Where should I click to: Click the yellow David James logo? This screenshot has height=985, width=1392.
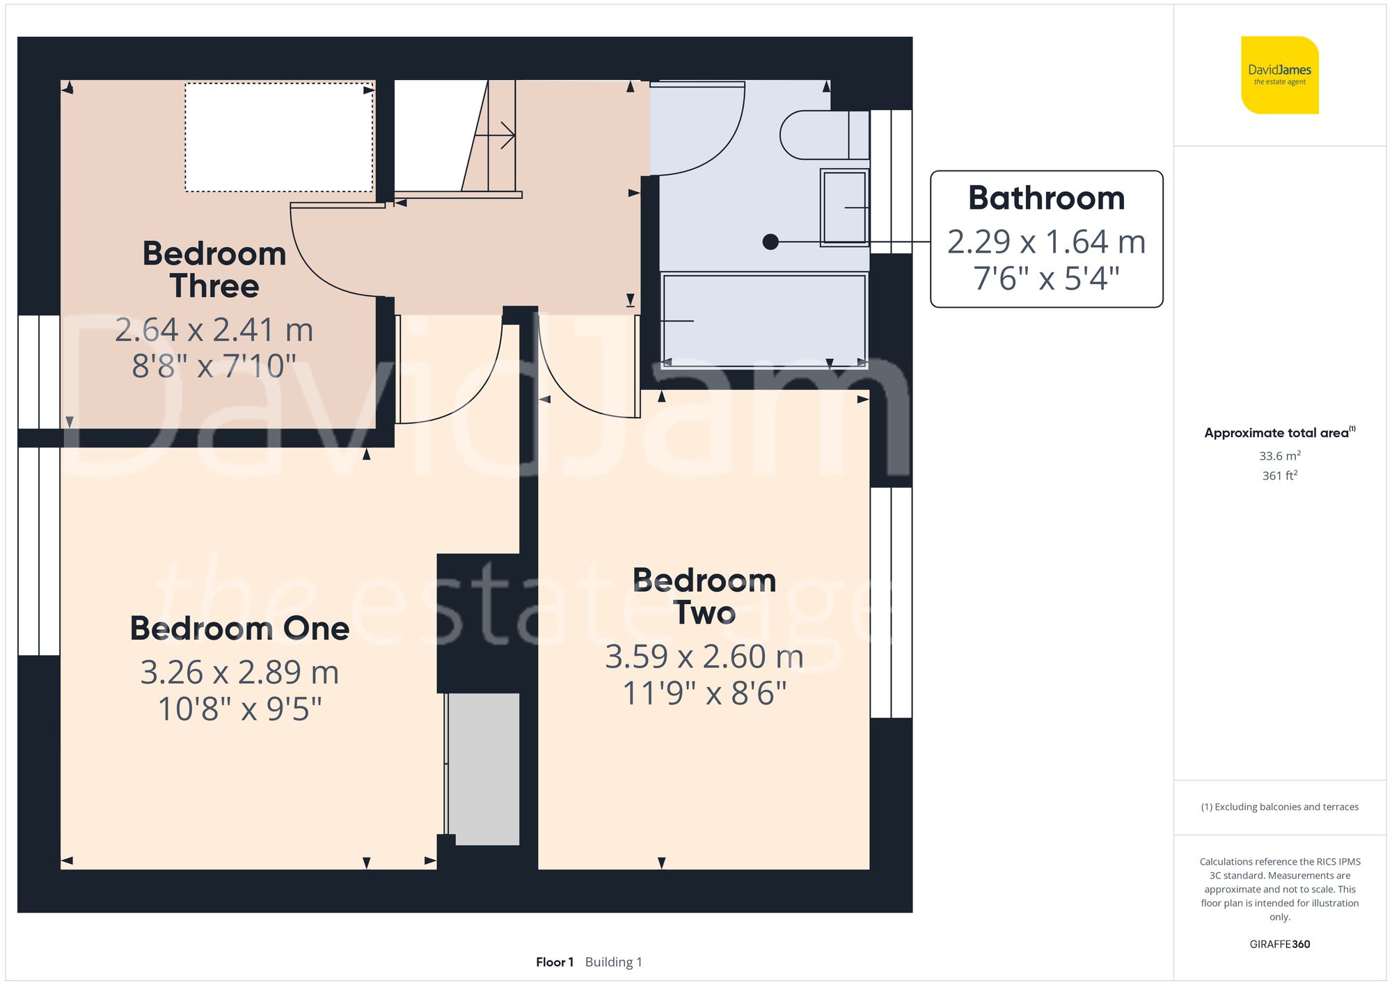(1279, 75)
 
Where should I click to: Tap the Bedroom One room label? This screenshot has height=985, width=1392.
(239, 629)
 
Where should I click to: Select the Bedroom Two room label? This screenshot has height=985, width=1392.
(704, 597)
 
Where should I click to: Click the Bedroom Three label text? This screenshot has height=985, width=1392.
(214, 270)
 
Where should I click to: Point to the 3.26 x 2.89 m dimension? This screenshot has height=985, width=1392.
(239, 672)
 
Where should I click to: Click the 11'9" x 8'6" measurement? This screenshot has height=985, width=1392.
(704, 693)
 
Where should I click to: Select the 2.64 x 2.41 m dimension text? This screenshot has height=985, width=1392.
(214, 330)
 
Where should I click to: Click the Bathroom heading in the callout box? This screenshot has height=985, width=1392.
(1046, 198)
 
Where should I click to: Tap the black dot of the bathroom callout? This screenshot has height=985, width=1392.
(770, 242)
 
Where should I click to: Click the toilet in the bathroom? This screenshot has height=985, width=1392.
(821, 135)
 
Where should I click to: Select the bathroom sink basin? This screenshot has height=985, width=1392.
(844, 207)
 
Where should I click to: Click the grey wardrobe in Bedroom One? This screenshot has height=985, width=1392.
(484, 769)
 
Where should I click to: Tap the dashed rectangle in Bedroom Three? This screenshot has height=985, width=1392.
(278, 137)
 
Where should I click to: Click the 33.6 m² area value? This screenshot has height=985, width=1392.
(1279, 456)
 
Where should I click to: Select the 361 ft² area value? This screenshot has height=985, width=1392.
(1279, 475)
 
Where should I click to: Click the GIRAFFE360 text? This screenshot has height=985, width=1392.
(1279, 944)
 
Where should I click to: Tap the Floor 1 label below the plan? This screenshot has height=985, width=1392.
(554, 962)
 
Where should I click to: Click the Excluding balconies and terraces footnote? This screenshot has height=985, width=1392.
(1279, 807)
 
